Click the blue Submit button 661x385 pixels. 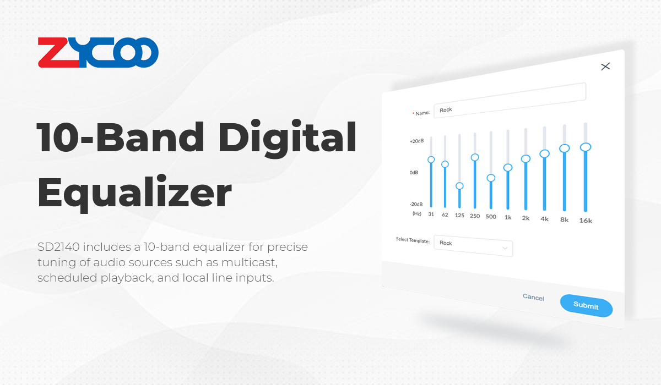[x=586, y=305]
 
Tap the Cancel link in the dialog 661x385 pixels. [x=533, y=297]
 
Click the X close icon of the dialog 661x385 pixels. [x=605, y=67]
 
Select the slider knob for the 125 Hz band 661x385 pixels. [x=459, y=186]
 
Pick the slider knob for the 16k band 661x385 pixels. [x=586, y=147]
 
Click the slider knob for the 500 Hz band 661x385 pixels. [x=491, y=178]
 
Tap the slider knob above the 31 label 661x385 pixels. [x=431, y=159]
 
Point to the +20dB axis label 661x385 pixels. [x=416, y=141]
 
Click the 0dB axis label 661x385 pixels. [x=414, y=173]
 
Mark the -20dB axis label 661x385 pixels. [x=416, y=204]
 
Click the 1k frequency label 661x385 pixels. [x=508, y=217]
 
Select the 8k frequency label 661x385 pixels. [x=565, y=220]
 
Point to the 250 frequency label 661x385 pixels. [x=475, y=216]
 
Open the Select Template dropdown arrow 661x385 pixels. [x=505, y=248]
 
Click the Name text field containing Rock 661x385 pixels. [x=510, y=101]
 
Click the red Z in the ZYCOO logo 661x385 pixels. [x=58, y=52]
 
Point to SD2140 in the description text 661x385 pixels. [x=58, y=247]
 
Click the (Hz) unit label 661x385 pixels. [x=416, y=213]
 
